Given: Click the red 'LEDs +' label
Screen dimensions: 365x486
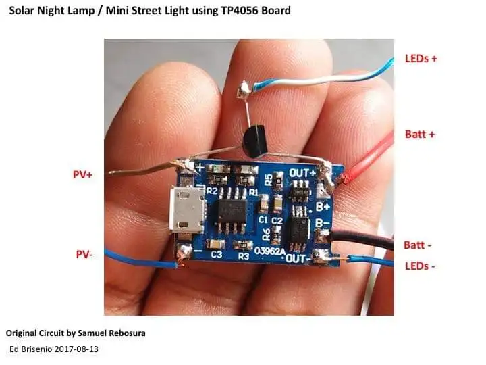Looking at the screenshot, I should point(421,58).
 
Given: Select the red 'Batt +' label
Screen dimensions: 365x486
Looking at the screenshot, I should point(419,134).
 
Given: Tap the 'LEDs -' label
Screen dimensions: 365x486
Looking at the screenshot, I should point(419,266).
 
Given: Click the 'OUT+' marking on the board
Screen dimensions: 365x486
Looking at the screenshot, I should point(302,173).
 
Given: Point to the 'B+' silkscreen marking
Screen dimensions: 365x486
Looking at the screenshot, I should point(323,206).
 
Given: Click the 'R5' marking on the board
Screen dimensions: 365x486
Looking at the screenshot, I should point(269,179).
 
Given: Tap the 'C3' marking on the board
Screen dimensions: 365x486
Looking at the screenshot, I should point(216,255).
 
